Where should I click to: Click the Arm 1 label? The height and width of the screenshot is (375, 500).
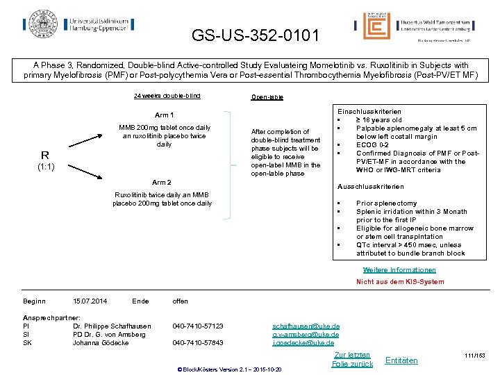click(x=164, y=115)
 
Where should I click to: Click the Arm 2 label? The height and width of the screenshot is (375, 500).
click(x=162, y=183)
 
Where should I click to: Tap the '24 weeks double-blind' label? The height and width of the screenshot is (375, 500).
click(x=167, y=96)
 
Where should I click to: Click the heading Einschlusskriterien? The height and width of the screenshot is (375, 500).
click(x=369, y=111)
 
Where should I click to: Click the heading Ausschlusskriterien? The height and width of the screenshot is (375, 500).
click(x=370, y=187)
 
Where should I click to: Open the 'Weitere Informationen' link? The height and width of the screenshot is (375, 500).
click(x=399, y=270)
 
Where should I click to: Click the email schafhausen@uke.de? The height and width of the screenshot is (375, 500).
click(x=306, y=326)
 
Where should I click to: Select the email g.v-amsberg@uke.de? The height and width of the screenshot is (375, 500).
click(x=306, y=334)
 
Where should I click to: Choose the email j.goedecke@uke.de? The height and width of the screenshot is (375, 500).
click(x=303, y=342)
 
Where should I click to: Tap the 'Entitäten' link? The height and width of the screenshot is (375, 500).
click(x=401, y=360)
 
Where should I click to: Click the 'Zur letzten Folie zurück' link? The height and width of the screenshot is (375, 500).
click(x=352, y=359)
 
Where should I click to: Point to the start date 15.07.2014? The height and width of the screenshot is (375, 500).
click(x=90, y=301)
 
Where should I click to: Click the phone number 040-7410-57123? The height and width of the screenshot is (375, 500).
click(x=198, y=326)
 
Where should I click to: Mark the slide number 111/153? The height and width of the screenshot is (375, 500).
click(x=477, y=356)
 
